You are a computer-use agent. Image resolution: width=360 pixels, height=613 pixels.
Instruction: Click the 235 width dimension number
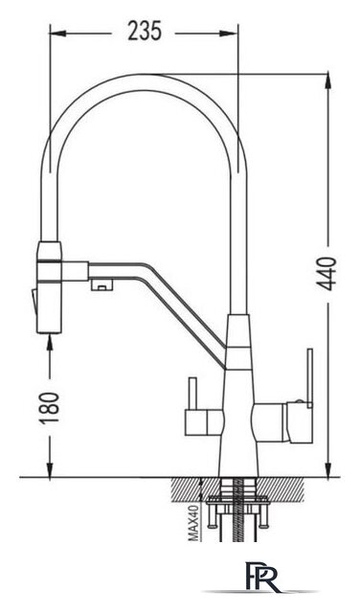coord(145,32)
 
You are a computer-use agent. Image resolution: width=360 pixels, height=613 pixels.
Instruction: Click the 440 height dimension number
coord(326,274)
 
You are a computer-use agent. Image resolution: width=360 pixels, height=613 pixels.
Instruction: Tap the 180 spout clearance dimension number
coord(50,407)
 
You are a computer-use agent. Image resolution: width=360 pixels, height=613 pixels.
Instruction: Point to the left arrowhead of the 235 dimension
coord(57,34)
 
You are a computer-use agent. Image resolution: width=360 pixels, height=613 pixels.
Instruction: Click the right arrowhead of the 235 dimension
coord(230,34)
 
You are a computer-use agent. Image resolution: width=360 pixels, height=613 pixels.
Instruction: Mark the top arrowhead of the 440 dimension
coord(328,81)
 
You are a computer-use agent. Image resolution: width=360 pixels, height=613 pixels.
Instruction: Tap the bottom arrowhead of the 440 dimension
coord(328,469)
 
